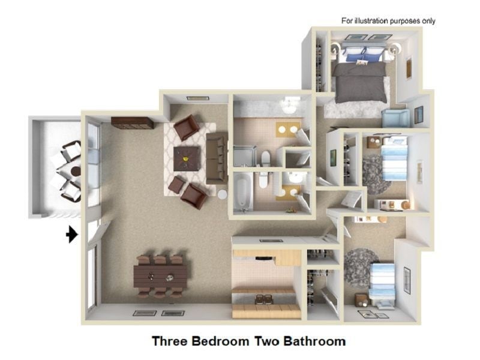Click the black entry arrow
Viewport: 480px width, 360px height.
click(x=71, y=234)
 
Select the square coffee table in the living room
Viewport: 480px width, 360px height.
click(x=187, y=158)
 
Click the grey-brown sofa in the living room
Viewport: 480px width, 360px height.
click(x=215, y=158)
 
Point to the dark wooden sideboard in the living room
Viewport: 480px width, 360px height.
click(x=132, y=122)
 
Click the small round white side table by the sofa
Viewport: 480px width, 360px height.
click(x=222, y=194)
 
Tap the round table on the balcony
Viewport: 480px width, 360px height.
click(x=76, y=172)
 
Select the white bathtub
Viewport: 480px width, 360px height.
click(x=242, y=191)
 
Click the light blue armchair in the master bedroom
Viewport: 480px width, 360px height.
click(x=395, y=118)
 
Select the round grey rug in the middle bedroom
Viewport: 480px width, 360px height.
click(x=374, y=175)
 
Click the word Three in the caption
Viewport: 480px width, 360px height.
click(x=169, y=341)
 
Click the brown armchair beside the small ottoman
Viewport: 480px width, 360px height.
click(x=194, y=195)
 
